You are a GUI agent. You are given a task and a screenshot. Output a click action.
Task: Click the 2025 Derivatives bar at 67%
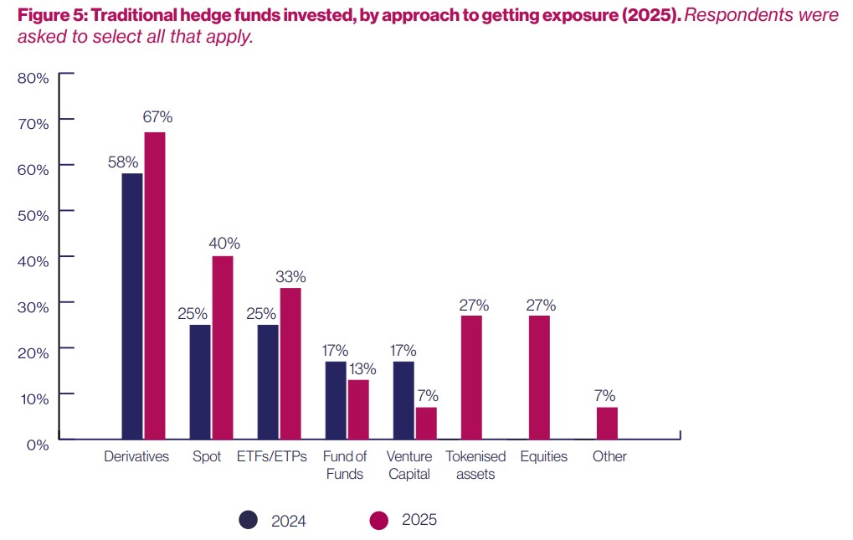pyautogui.click(x=154, y=285)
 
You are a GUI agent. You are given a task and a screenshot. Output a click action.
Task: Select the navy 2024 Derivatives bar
pyautogui.click(x=132, y=306)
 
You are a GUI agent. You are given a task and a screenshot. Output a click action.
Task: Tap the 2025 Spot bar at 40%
pyautogui.click(x=223, y=347)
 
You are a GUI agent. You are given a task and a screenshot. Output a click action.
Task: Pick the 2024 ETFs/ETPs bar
pyautogui.click(x=268, y=382)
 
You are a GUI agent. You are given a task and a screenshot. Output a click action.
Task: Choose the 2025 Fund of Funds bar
pyautogui.click(x=358, y=409)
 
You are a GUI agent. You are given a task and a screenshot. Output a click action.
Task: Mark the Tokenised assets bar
pyautogui.click(x=471, y=378)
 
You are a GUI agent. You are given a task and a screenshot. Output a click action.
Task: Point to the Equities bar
pyautogui.click(x=539, y=378)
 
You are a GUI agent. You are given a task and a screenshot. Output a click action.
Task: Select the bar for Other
pyautogui.click(x=607, y=423)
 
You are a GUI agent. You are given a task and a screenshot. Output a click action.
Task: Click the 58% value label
pyautogui.click(x=124, y=161)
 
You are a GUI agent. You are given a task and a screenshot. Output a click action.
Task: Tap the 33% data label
pyautogui.click(x=292, y=276)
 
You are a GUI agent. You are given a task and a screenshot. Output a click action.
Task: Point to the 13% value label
pyautogui.click(x=362, y=368)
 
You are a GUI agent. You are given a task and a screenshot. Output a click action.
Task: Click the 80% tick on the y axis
pyautogui.click(x=33, y=77)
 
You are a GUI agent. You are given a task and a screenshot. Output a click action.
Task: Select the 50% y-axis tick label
pyautogui.click(x=33, y=214)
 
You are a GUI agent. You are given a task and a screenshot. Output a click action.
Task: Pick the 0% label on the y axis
pyautogui.click(x=37, y=445)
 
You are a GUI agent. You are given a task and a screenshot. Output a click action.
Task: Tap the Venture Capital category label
pyautogui.click(x=409, y=465)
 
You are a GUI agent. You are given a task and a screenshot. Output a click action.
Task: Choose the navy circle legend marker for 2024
pyautogui.click(x=248, y=520)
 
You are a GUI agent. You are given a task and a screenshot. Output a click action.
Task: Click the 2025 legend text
pyautogui.click(x=419, y=520)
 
